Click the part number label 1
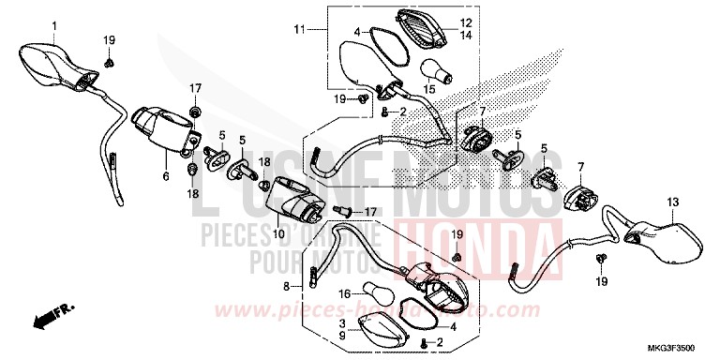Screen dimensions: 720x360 [53, 24]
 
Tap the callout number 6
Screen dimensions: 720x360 [165, 175]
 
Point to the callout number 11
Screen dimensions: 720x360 [299, 31]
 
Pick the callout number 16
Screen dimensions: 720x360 [345, 292]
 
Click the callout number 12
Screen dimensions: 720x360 [467, 22]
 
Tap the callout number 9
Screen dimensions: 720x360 [343, 334]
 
